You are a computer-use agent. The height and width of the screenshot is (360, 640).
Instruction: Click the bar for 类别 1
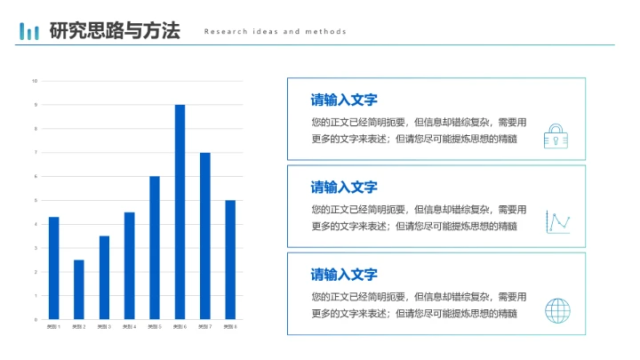pos(53,268)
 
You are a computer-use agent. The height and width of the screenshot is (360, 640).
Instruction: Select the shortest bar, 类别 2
pos(78,289)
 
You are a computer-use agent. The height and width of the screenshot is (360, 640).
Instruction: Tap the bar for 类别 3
pos(104,277)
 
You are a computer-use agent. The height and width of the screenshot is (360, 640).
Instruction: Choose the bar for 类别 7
pos(204,236)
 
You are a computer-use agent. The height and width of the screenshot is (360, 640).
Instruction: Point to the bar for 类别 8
pos(230,260)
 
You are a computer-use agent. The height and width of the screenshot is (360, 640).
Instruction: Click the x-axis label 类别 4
pos(129,327)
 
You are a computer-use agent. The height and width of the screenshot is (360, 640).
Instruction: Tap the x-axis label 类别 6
pos(180,327)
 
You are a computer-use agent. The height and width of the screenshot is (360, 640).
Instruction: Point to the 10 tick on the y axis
pos(35,81)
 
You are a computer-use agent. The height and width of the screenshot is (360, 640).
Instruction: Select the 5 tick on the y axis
pos(35,200)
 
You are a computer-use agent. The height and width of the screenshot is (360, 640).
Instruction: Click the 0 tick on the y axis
pos(35,319)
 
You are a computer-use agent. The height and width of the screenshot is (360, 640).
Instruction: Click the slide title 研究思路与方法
pos(115,31)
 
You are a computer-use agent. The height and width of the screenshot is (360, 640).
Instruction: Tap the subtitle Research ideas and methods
pos(275,32)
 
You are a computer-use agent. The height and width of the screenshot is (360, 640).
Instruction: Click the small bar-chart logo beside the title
pos(30,32)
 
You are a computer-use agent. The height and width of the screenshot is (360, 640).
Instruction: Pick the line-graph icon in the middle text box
pos(557,222)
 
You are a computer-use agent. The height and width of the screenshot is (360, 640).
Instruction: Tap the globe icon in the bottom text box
pos(557,310)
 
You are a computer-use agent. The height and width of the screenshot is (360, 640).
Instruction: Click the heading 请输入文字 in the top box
pos(344,100)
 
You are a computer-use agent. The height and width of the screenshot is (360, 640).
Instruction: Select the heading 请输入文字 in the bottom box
pos(344,275)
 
